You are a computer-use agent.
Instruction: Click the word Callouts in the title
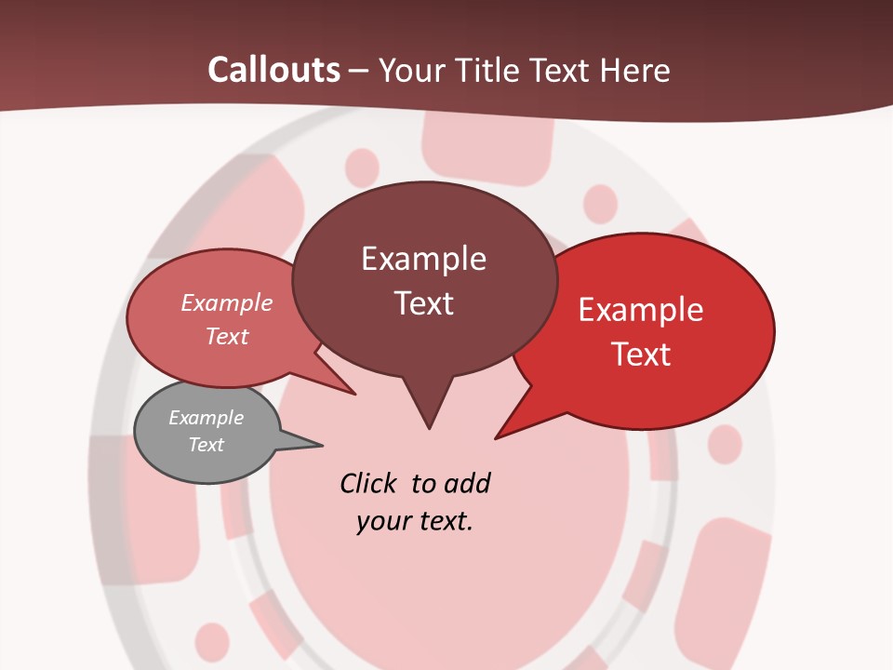tap(273, 70)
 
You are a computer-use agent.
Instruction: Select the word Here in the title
tap(633, 70)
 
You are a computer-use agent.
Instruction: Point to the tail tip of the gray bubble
tap(321, 446)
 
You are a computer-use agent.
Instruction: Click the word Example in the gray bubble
tap(206, 418)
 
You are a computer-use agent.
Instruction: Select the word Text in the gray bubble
tap(206, 445)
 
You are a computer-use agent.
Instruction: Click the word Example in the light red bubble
tap(226, 303)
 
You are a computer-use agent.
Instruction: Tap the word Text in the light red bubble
tap(226, 336)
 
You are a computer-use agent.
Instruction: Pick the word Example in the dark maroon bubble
tap(423, 259)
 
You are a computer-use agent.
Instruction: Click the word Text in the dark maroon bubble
tap(423, 303)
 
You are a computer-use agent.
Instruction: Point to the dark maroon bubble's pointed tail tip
tap(429, 428)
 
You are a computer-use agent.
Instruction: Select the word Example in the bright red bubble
tap(641, 310)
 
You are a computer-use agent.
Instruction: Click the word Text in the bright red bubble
tap(641, 355)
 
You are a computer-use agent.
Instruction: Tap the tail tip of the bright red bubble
tap(496, 437)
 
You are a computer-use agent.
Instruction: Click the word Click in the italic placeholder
tap(371, 483)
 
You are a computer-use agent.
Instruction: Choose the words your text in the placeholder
tap(414, 521)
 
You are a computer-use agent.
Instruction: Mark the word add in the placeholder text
tap(467, 483)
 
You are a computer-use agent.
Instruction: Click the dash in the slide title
tap(359, 71)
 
